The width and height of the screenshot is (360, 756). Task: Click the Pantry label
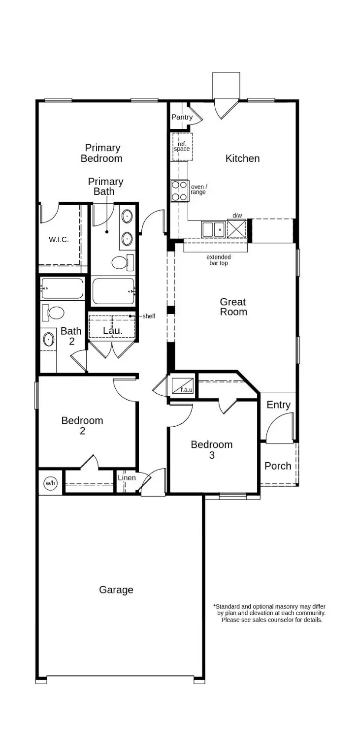pyautogui.click(x=182, y=117)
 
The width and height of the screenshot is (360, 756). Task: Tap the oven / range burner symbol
pyautogui.click(x=180, y=191)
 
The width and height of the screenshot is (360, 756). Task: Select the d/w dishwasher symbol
pyautogui.click(x=236, y=229)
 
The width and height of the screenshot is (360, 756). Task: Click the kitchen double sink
pyautogui.click(x=213, y=229)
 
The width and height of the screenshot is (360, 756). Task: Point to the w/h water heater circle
pyautogui.click(x=50, y=483)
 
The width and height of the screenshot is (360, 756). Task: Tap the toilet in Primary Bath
pyautogui.click(x=122, y=262)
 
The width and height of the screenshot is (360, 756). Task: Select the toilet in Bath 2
pyautogui.click(x=54, y=313)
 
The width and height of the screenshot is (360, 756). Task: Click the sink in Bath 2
pyautogui.click(x=49, y=339)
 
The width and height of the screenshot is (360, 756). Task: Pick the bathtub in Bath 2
pyautogui.click(x=62, y=288)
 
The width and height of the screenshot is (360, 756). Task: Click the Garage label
pyautogui.click(x=116, y=590)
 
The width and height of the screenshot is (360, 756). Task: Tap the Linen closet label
pyautogui.click(x=127, y=478)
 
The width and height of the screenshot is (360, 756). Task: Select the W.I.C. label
pyautogui.click(x=59, y=240)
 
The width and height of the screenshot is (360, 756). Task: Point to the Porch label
pyautogui.click(x=278, y=466)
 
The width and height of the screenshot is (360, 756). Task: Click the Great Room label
pyautogui.click(x=233, y=307)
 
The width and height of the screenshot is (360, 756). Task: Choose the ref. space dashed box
pyautogui.click(x=182, y=146)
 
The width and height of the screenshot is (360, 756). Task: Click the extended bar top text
pyautogui.click(x=219, y=260)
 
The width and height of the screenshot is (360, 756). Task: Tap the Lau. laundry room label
pyautogui.click(x=112, y=331)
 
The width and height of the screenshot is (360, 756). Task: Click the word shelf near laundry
pyautogui.click(x=149, y=316)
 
